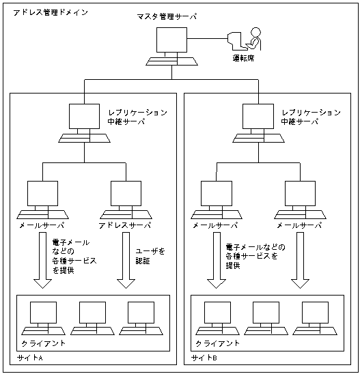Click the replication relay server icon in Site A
pyautogui.click(x=85, y=123)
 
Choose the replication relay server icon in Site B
pyautogui.click(x=258, y=123)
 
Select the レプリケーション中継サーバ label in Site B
pyautogui.click(x=310, y=117)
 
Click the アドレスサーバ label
pyautogui.click(x=124, y=225)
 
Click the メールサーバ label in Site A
pyautogui.click(x=42, y=225)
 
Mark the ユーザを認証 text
pyautogui.click(x=152, y=256)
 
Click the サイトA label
pyautogui.click(x=30, y=358)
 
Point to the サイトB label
pyautogui.click(x=204, y=358)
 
